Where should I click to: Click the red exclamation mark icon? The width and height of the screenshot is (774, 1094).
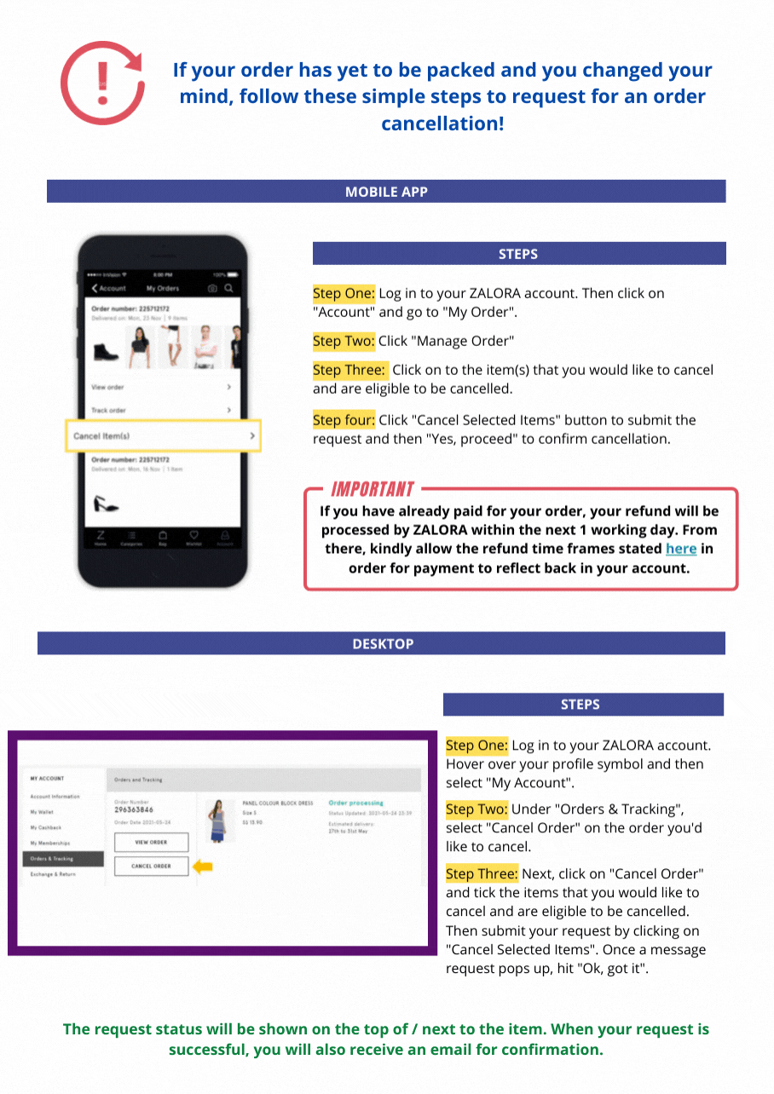point(101,83)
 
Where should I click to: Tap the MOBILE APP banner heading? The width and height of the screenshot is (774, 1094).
point(386,192)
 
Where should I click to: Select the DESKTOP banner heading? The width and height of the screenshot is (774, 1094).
point(382,644)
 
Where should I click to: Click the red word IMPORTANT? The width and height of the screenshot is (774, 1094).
point(373,489)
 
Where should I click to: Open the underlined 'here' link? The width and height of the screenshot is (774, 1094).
point(680,549)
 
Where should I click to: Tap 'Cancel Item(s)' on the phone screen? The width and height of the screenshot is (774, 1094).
point(101,436)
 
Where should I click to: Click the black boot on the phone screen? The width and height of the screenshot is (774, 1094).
point(106,350)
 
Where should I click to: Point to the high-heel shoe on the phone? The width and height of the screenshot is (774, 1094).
point(106,504)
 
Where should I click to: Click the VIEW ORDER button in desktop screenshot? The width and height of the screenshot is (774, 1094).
point(151,842)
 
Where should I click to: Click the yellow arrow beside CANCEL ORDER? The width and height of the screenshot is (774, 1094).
point(202,867)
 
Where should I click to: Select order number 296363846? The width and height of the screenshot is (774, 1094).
point(133,810)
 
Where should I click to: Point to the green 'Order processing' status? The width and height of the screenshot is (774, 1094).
point(355,803)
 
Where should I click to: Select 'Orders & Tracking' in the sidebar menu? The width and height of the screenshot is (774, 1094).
point(53,859)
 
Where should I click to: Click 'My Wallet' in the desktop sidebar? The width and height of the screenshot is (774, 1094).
point(42,812)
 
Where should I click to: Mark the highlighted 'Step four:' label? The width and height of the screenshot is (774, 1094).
point(344,420)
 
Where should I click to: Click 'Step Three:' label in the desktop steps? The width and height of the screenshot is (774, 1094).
point(481,874)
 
